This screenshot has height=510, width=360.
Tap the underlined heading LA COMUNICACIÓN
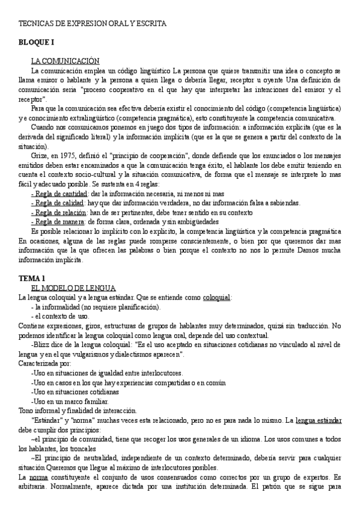tap(64, 61)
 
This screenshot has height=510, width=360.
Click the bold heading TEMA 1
tap(32, 278)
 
